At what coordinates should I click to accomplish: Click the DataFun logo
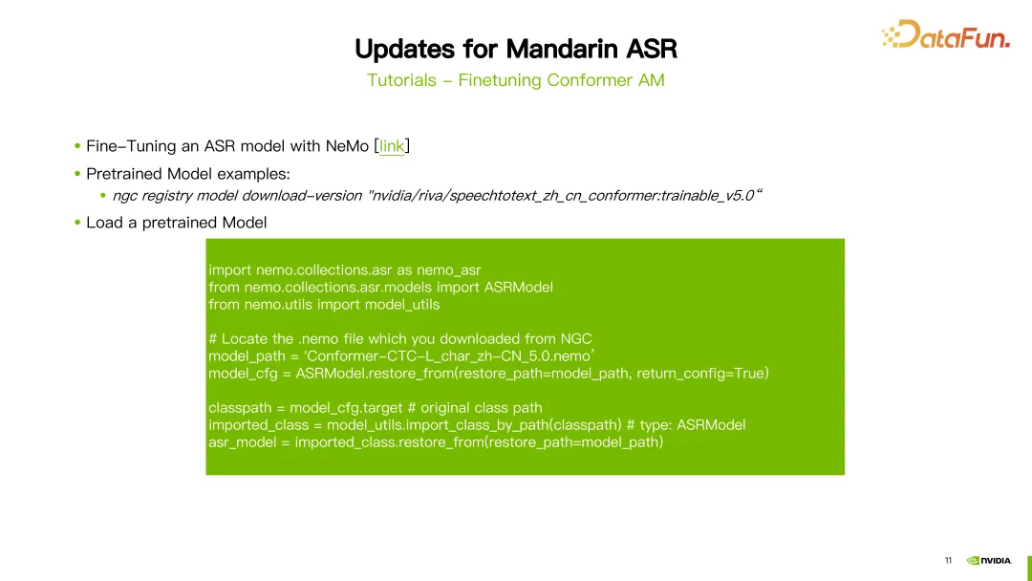(x=946, y=34)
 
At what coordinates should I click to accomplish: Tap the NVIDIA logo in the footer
(x=989, y=561)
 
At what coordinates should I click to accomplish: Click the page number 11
(x=949, y=561)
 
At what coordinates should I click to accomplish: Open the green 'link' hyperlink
(x=392, y=146)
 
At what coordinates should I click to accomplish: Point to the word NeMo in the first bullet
(x=347, y=146)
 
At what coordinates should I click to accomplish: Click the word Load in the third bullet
(x=105, y=223)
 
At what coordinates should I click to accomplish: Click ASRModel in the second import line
(x=519, y=288)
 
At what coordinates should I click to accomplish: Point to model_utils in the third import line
(x=402, y=305)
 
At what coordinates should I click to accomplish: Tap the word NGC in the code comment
(x=576, y=339)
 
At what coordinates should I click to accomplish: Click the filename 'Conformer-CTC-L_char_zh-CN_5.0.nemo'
(x=449, y=356)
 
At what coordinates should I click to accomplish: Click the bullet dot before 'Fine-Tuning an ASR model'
(x=77, y=145)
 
